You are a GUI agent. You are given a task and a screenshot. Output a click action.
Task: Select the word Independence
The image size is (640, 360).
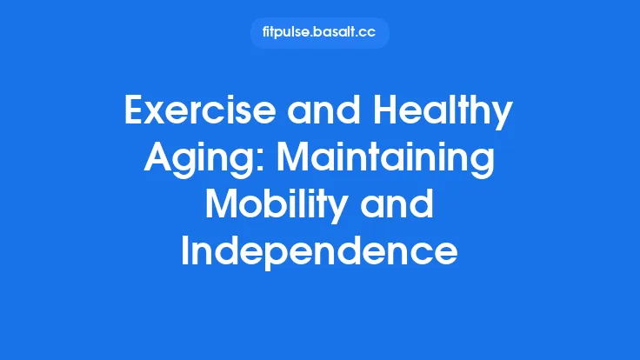tap(319, 253)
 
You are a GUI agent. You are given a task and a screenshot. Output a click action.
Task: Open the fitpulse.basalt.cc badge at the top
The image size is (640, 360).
tap(319, 33)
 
